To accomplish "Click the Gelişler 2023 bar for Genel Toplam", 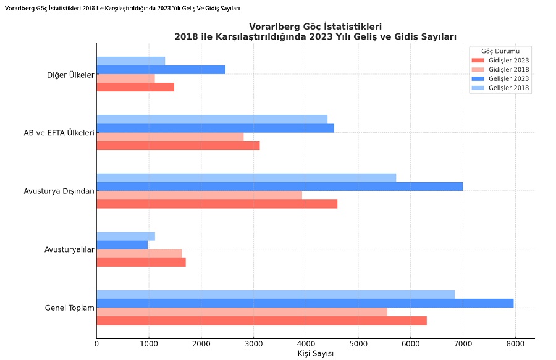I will tap(305, 303).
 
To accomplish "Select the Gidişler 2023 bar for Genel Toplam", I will tap(261, 320).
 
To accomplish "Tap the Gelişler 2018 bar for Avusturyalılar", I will tap(125, 236).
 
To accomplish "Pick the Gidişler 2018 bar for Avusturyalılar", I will tap(139, 253).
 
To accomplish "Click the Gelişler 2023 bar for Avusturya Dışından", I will tap(279, 186).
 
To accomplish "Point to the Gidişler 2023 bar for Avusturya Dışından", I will tap(217, 204).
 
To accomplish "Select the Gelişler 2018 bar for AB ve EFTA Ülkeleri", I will tap(212, 119).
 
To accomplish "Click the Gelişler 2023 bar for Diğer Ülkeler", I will tap(161, 70).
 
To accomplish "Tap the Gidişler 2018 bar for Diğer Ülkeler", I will tap(125, 78).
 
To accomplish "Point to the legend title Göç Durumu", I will tap(500, 51).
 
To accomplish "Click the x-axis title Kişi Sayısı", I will tap(315, 353).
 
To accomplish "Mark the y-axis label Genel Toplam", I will tap(69, 308).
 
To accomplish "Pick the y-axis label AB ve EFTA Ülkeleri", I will tap(59, 133).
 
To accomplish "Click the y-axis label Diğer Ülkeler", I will tap(70, 75).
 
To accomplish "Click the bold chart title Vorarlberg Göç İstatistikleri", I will tap(315, 27).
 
